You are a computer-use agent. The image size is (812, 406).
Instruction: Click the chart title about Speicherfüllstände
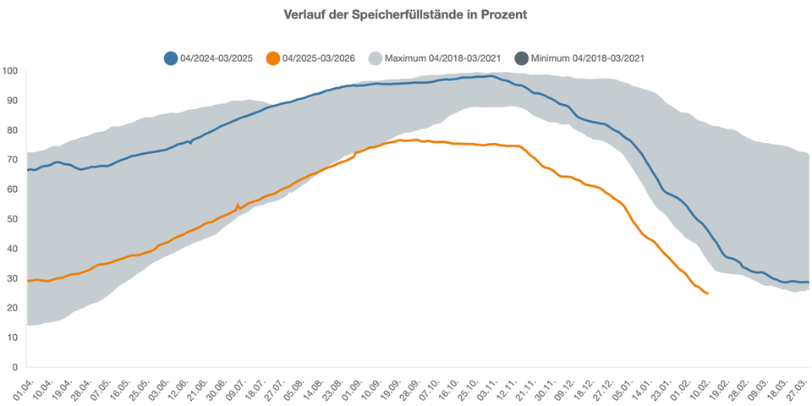406,15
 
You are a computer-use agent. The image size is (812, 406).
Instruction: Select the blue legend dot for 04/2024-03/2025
171,58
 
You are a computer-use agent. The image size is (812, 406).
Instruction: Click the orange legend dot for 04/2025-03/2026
272,58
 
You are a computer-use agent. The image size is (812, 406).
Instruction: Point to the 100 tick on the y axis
11,71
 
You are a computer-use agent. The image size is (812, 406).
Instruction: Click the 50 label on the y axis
13,219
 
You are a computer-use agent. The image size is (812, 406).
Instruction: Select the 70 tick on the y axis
13,160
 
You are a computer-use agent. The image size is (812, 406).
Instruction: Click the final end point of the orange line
707,294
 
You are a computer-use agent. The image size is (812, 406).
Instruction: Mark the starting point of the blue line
27,170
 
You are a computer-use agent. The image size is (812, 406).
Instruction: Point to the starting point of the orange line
27,281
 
